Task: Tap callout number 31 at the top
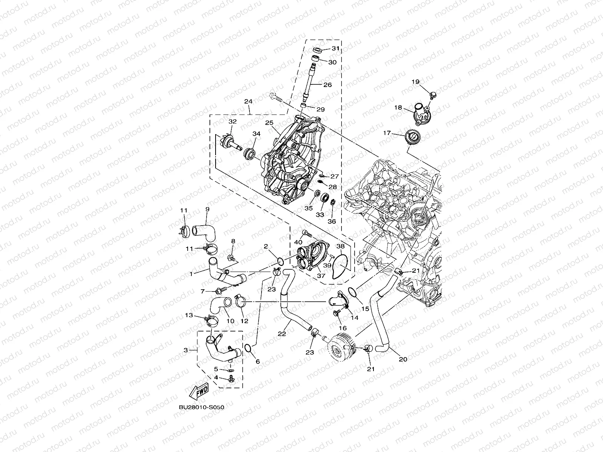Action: (335, 49)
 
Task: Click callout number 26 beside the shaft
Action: (328, 85)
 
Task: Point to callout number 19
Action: (415, 82)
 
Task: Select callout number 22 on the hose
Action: (282, 333)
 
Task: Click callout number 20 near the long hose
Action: (403, 359)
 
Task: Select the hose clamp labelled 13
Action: (210, 321)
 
